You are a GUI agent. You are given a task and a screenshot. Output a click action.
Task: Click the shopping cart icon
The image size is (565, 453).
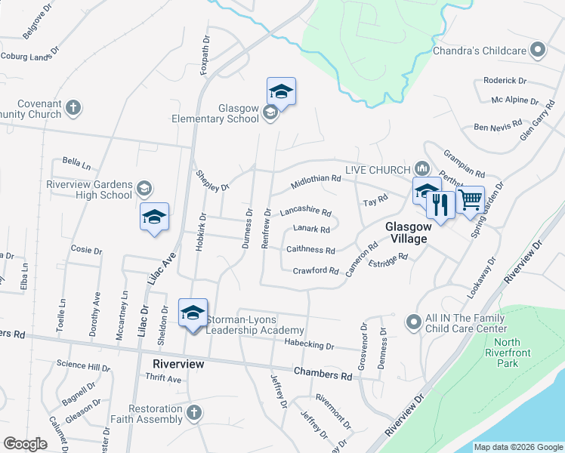tap(471, 199)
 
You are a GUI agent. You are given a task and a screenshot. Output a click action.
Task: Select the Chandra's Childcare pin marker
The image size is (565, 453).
tap(538, 51)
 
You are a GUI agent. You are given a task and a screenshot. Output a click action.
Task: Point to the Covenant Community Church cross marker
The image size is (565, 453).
tap(73, 107)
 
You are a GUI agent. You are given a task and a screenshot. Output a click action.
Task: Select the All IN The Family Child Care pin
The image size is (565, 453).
tap(413, 322)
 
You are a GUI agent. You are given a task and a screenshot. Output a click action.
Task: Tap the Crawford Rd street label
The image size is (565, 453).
tap(316, 270)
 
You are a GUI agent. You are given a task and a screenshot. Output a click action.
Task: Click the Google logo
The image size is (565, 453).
tap(25, 444)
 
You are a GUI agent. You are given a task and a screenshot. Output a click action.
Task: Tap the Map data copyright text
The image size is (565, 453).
tap(517, 447)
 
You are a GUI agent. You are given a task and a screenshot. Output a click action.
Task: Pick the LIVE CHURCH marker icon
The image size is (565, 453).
tap(422, 168)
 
